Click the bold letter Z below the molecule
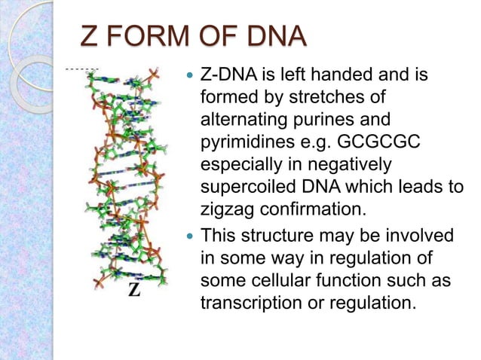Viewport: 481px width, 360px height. [133, 290]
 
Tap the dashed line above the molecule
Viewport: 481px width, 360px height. [81, 69]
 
